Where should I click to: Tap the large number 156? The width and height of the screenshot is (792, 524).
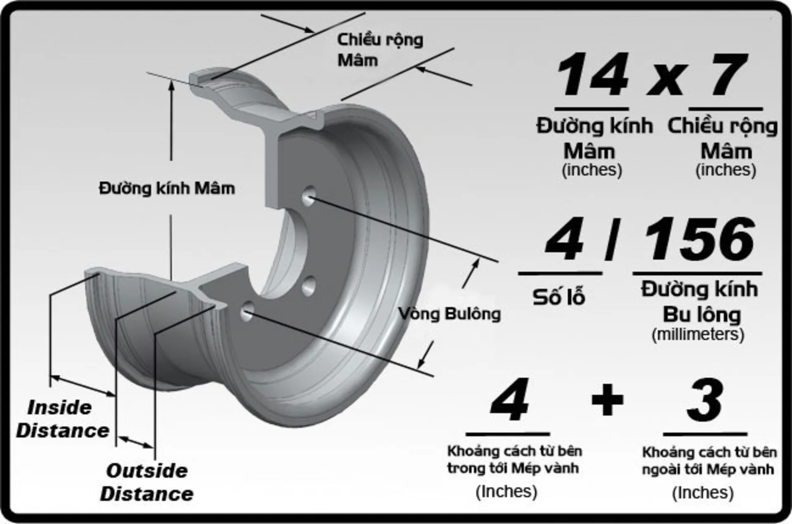(x=699, y=239)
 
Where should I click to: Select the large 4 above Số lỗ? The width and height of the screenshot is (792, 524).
(x=564, y=239)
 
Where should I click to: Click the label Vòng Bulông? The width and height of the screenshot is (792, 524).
(x=450, y=314)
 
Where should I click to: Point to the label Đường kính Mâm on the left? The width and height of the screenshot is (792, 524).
(x=167, y=189)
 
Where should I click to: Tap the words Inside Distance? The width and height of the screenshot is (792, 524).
(x=62, y=419)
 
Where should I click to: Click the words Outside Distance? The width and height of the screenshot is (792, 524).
(x=146, y=482)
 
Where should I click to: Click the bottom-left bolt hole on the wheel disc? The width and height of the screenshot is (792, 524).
(x=247, y=311)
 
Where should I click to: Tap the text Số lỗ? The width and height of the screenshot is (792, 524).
(x=559, y=297)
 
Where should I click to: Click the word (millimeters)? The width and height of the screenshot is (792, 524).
(x=698, y=334)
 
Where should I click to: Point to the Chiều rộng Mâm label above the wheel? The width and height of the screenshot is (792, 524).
(x=379, y=50)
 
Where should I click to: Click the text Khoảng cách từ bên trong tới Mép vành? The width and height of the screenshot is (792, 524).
(x=514, y=460)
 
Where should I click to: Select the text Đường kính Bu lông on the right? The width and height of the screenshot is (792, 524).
(x=700, y=301)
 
